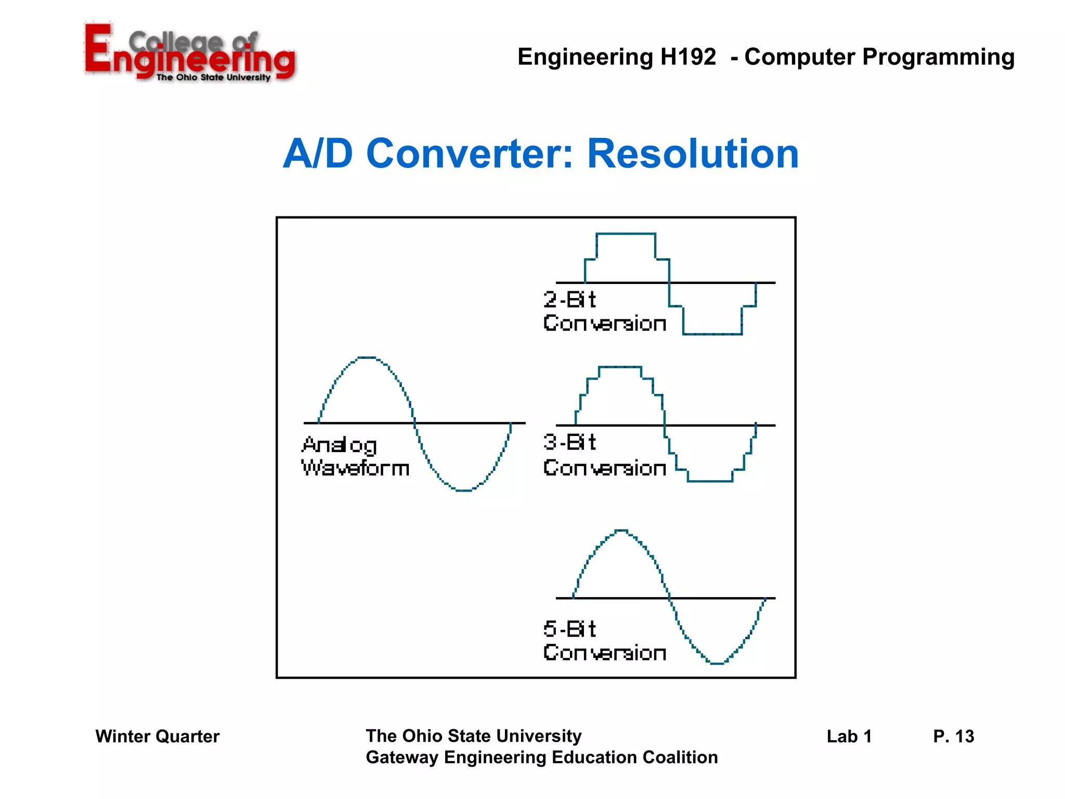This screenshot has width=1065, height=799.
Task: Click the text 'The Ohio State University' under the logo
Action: (x=213, y=78)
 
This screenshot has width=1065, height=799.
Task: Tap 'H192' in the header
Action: (x=688, y=57)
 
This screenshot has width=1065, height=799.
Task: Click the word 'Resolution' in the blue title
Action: (x=693, y=154)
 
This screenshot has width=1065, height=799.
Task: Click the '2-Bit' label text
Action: (x=569, y=300)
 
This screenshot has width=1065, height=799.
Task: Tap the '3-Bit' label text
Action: (x=569, y=442)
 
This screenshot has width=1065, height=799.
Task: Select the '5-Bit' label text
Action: (x=569, y=629)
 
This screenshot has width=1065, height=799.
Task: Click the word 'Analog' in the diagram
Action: (x=339, y=445)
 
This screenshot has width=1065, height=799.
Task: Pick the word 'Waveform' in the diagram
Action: (x=355, y=468)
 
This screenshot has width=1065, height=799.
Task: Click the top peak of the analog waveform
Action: (x=367, y=357)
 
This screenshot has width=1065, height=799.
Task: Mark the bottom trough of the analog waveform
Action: (x=463, y=490)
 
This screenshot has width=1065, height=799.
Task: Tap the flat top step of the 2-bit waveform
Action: (x=626, y=234)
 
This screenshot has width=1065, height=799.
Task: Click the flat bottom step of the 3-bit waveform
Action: (x=710, y=481)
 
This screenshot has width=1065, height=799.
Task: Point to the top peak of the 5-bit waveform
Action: (x=621, y=530)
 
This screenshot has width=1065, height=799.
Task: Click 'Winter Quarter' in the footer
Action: (x=157, y=737)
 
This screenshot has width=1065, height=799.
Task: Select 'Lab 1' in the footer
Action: (x=849, y=737)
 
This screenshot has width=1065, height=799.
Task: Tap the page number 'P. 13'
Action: (x=953, y=737)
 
